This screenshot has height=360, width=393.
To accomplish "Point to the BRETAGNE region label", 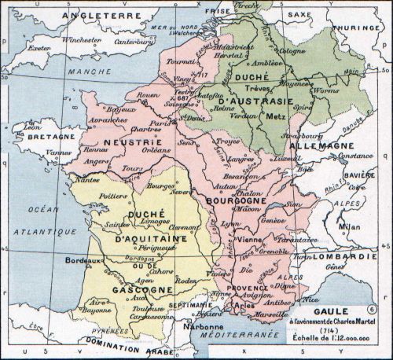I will (x=28, y=136).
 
